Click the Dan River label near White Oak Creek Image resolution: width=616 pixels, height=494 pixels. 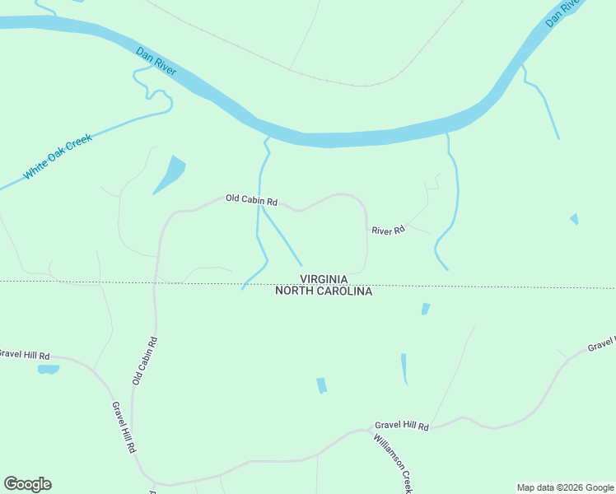tap(156, 62)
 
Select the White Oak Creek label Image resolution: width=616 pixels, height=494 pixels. tap(58, 156)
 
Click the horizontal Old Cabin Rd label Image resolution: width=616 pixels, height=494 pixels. tap(252, 200)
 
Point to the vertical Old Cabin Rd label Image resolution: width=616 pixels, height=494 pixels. tap(145, 360)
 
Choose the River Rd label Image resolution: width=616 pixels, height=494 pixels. tap(388, 231)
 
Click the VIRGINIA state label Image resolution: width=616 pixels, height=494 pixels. tap(324, 280)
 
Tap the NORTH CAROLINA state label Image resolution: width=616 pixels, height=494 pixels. tap(324, 291)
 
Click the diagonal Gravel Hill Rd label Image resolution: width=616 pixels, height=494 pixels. tap(124, 426)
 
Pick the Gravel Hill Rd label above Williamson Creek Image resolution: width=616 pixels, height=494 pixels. tap(402, 426)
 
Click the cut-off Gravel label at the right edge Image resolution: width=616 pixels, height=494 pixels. tap(602, 344)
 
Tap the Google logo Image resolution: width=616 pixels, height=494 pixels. tap(27, 484)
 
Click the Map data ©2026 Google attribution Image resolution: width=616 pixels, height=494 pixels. tap(565, 487)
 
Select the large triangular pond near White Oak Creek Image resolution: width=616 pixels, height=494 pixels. tap(171, 173)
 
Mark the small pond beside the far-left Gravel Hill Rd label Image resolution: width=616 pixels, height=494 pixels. tap(49, 370)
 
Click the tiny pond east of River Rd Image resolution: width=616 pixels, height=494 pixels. tap(574, 219)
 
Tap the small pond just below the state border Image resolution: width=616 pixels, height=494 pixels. tap(425, 309)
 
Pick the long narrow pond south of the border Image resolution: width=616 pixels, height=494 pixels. tap(404, 368)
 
